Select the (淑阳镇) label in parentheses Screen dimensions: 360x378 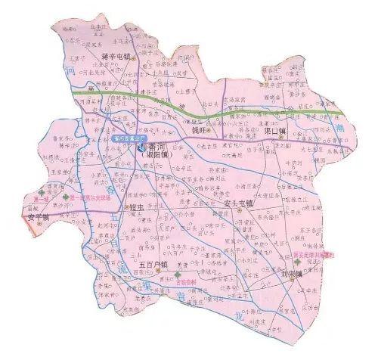pos(160,156)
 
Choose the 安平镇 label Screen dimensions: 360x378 pos(39,218)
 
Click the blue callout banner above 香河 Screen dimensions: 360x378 pos(131,138)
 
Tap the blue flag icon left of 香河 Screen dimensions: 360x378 pos(141,148)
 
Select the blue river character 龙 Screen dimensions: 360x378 pos(240,312)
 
